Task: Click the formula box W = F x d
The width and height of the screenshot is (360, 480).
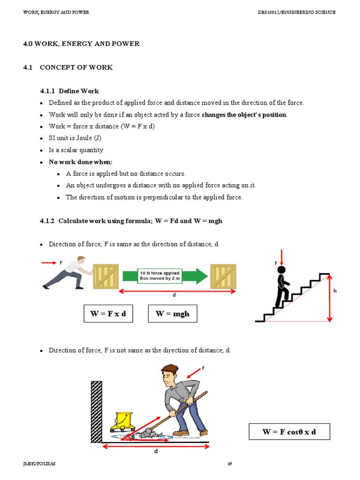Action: pyautogui.click(x=108, y=314)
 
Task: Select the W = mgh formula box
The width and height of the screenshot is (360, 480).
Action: pyautogui.click(x=172, y=314)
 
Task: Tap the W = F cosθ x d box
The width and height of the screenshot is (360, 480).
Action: pyautogui.click(x=289, y=431)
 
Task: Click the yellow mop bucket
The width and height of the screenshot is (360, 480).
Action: pyautogui.click(x=124, y=420)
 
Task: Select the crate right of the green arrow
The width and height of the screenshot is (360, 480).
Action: pyautogui.click(x=223, y=276)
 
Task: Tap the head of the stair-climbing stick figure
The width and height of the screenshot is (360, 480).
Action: pyautogui.click(x=281, y=270)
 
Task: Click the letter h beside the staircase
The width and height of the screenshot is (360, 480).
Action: pyautogui.click(x=335, y=291)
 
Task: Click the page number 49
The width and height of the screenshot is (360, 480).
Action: pyautogui.click(x=230, y=464)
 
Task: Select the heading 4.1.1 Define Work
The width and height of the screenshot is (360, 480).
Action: pyautogui.click(x=69, y=91)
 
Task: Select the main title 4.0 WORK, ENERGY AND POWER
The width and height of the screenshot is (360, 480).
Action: pyautogui.click(x=82, y=44)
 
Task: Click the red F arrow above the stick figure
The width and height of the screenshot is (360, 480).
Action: pyautogui.click(x=281, y=259)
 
